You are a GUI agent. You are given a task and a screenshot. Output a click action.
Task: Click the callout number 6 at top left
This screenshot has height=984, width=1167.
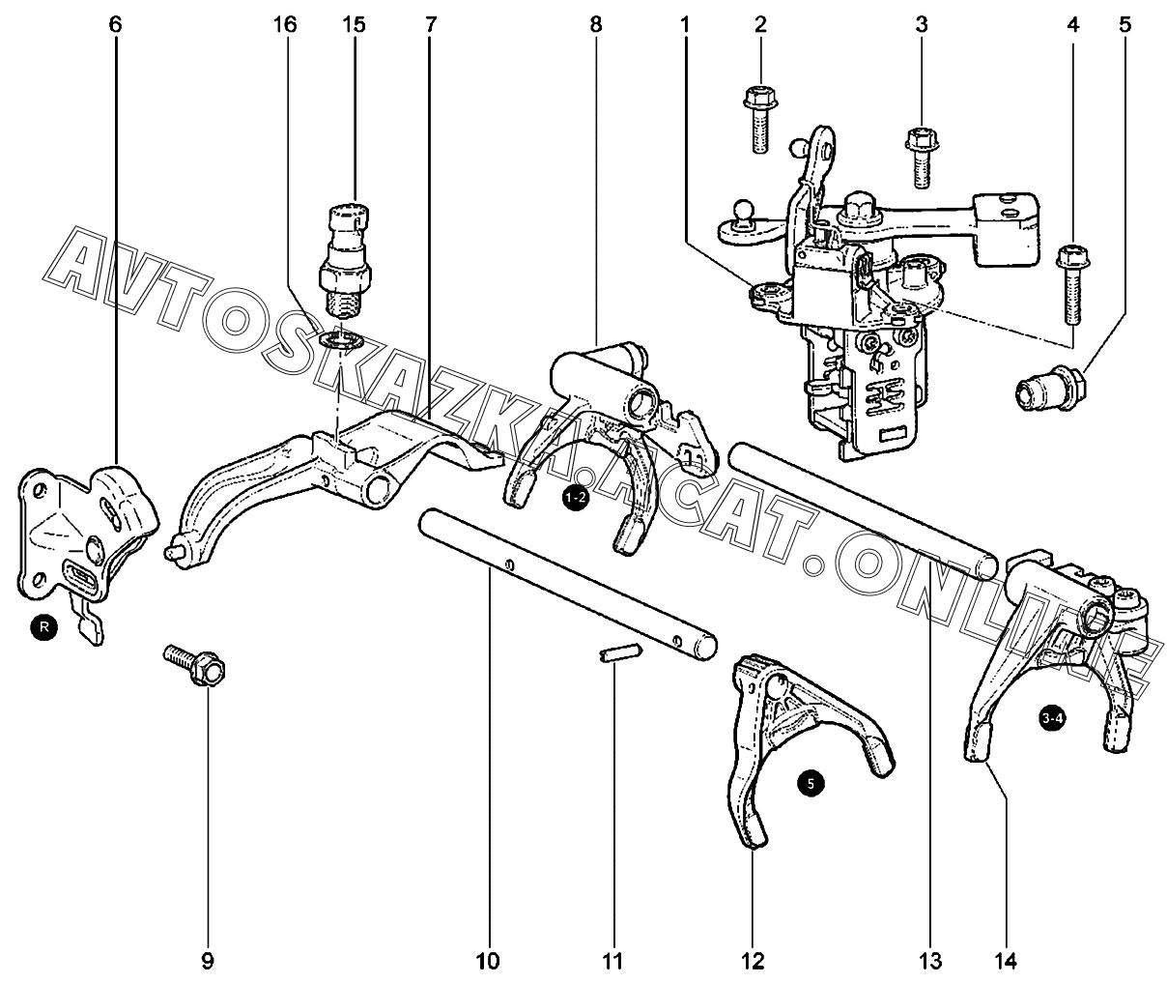115,25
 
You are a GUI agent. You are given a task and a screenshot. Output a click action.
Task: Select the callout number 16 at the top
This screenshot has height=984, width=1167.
285,25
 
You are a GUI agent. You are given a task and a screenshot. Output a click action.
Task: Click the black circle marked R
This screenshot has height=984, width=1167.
44,627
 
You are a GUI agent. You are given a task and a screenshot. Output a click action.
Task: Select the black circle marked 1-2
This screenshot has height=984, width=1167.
576,497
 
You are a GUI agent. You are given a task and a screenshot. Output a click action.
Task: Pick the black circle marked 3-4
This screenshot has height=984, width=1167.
1052,718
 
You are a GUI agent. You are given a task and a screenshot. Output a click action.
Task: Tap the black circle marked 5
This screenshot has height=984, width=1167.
811,784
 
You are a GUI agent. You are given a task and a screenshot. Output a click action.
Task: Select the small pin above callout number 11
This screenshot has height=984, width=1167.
621,653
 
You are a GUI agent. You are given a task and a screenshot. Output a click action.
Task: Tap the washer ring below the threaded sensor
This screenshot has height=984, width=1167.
340,339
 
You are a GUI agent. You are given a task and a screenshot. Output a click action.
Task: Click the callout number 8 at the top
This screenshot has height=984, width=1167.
596,25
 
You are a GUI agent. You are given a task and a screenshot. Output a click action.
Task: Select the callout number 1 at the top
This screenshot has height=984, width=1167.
685,25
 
